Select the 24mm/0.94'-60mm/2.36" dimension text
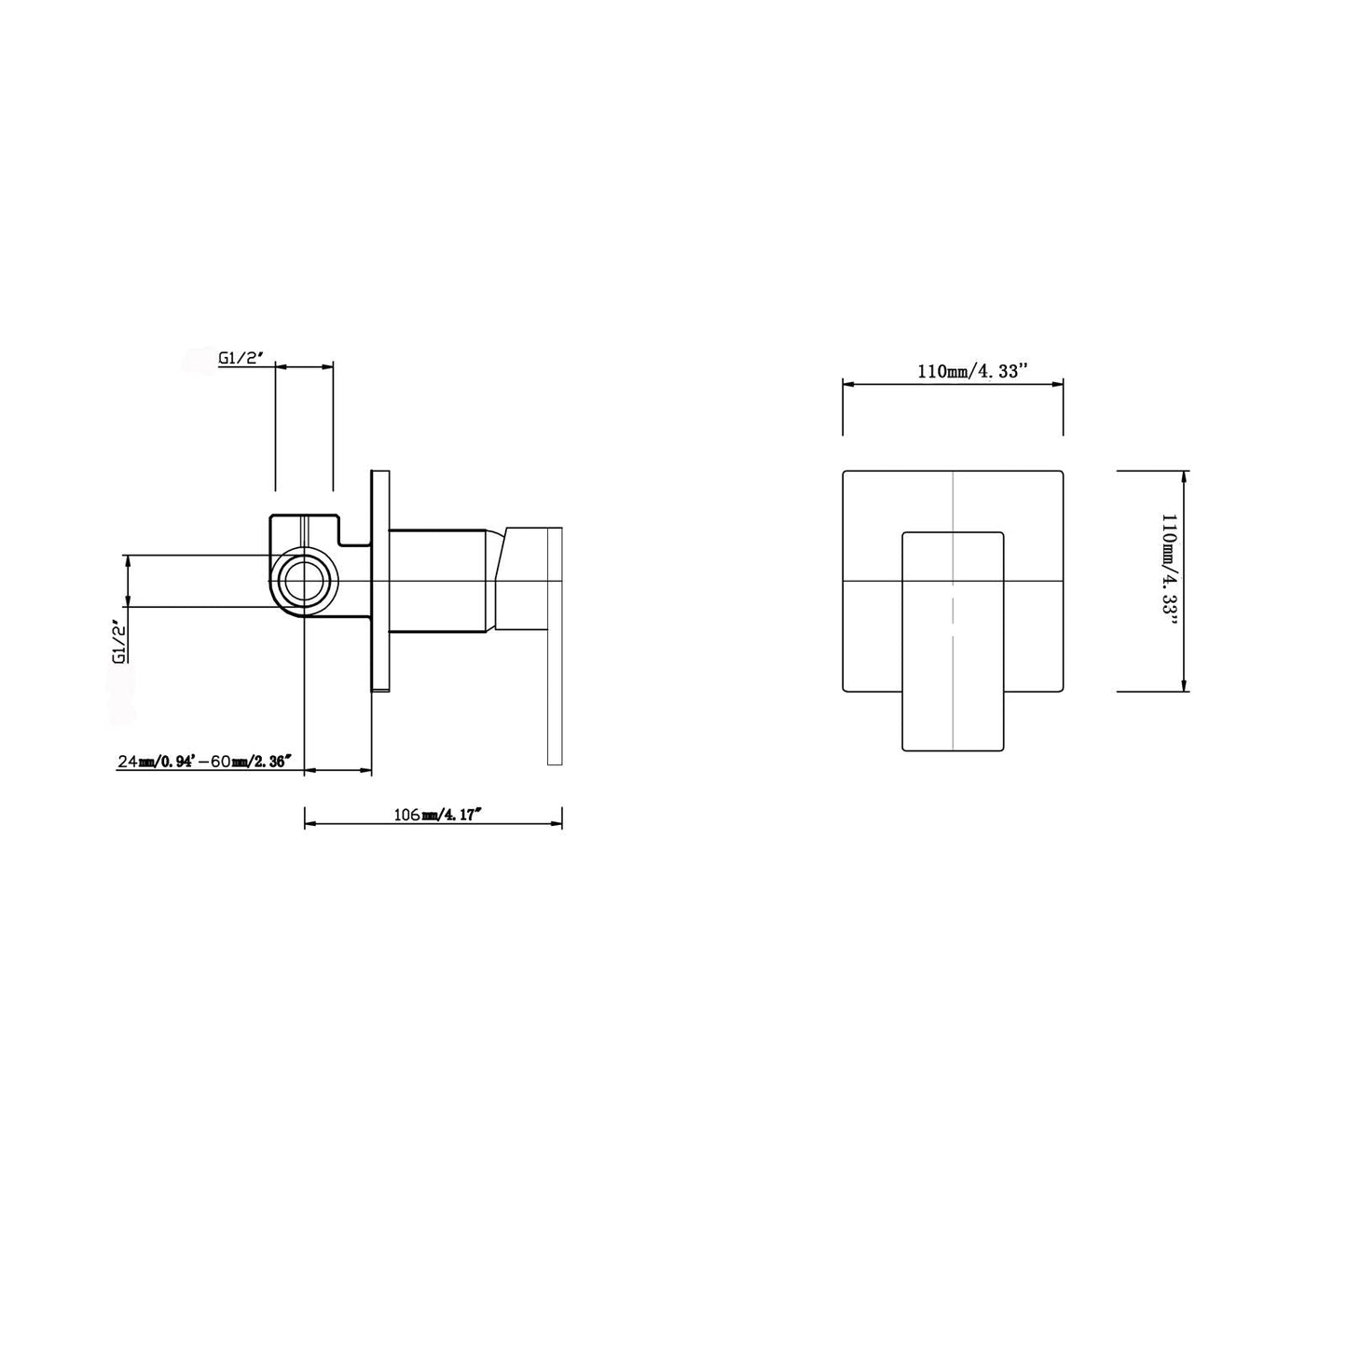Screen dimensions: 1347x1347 203,762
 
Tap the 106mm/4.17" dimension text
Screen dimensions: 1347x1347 439,815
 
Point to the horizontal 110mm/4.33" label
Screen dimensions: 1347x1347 972,371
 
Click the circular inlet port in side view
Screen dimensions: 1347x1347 304,582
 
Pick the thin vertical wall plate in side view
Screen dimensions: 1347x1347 380,582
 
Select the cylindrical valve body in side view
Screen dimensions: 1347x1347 438,581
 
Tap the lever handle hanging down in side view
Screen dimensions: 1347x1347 555,647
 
